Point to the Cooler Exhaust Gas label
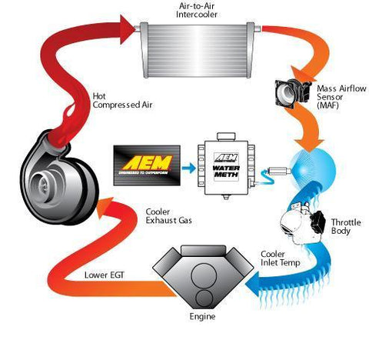165,216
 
